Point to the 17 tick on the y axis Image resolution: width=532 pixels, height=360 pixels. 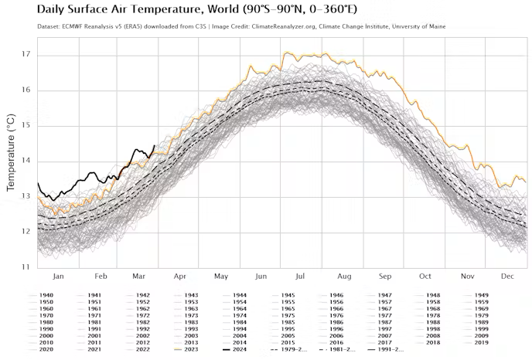point(26,55)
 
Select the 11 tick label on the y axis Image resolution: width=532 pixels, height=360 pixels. point(26,267)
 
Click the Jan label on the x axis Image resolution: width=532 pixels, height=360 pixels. point(57,276)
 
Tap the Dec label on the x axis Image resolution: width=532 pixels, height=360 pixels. point(508,276)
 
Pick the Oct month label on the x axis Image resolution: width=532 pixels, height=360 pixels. point(425,276)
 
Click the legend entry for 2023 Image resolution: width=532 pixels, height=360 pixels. point(189,349)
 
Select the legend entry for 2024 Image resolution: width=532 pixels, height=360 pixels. point(237,349)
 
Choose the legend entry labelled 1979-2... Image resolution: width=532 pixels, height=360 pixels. point(289,349)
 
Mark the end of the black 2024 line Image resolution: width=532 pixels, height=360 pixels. point(155,145)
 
